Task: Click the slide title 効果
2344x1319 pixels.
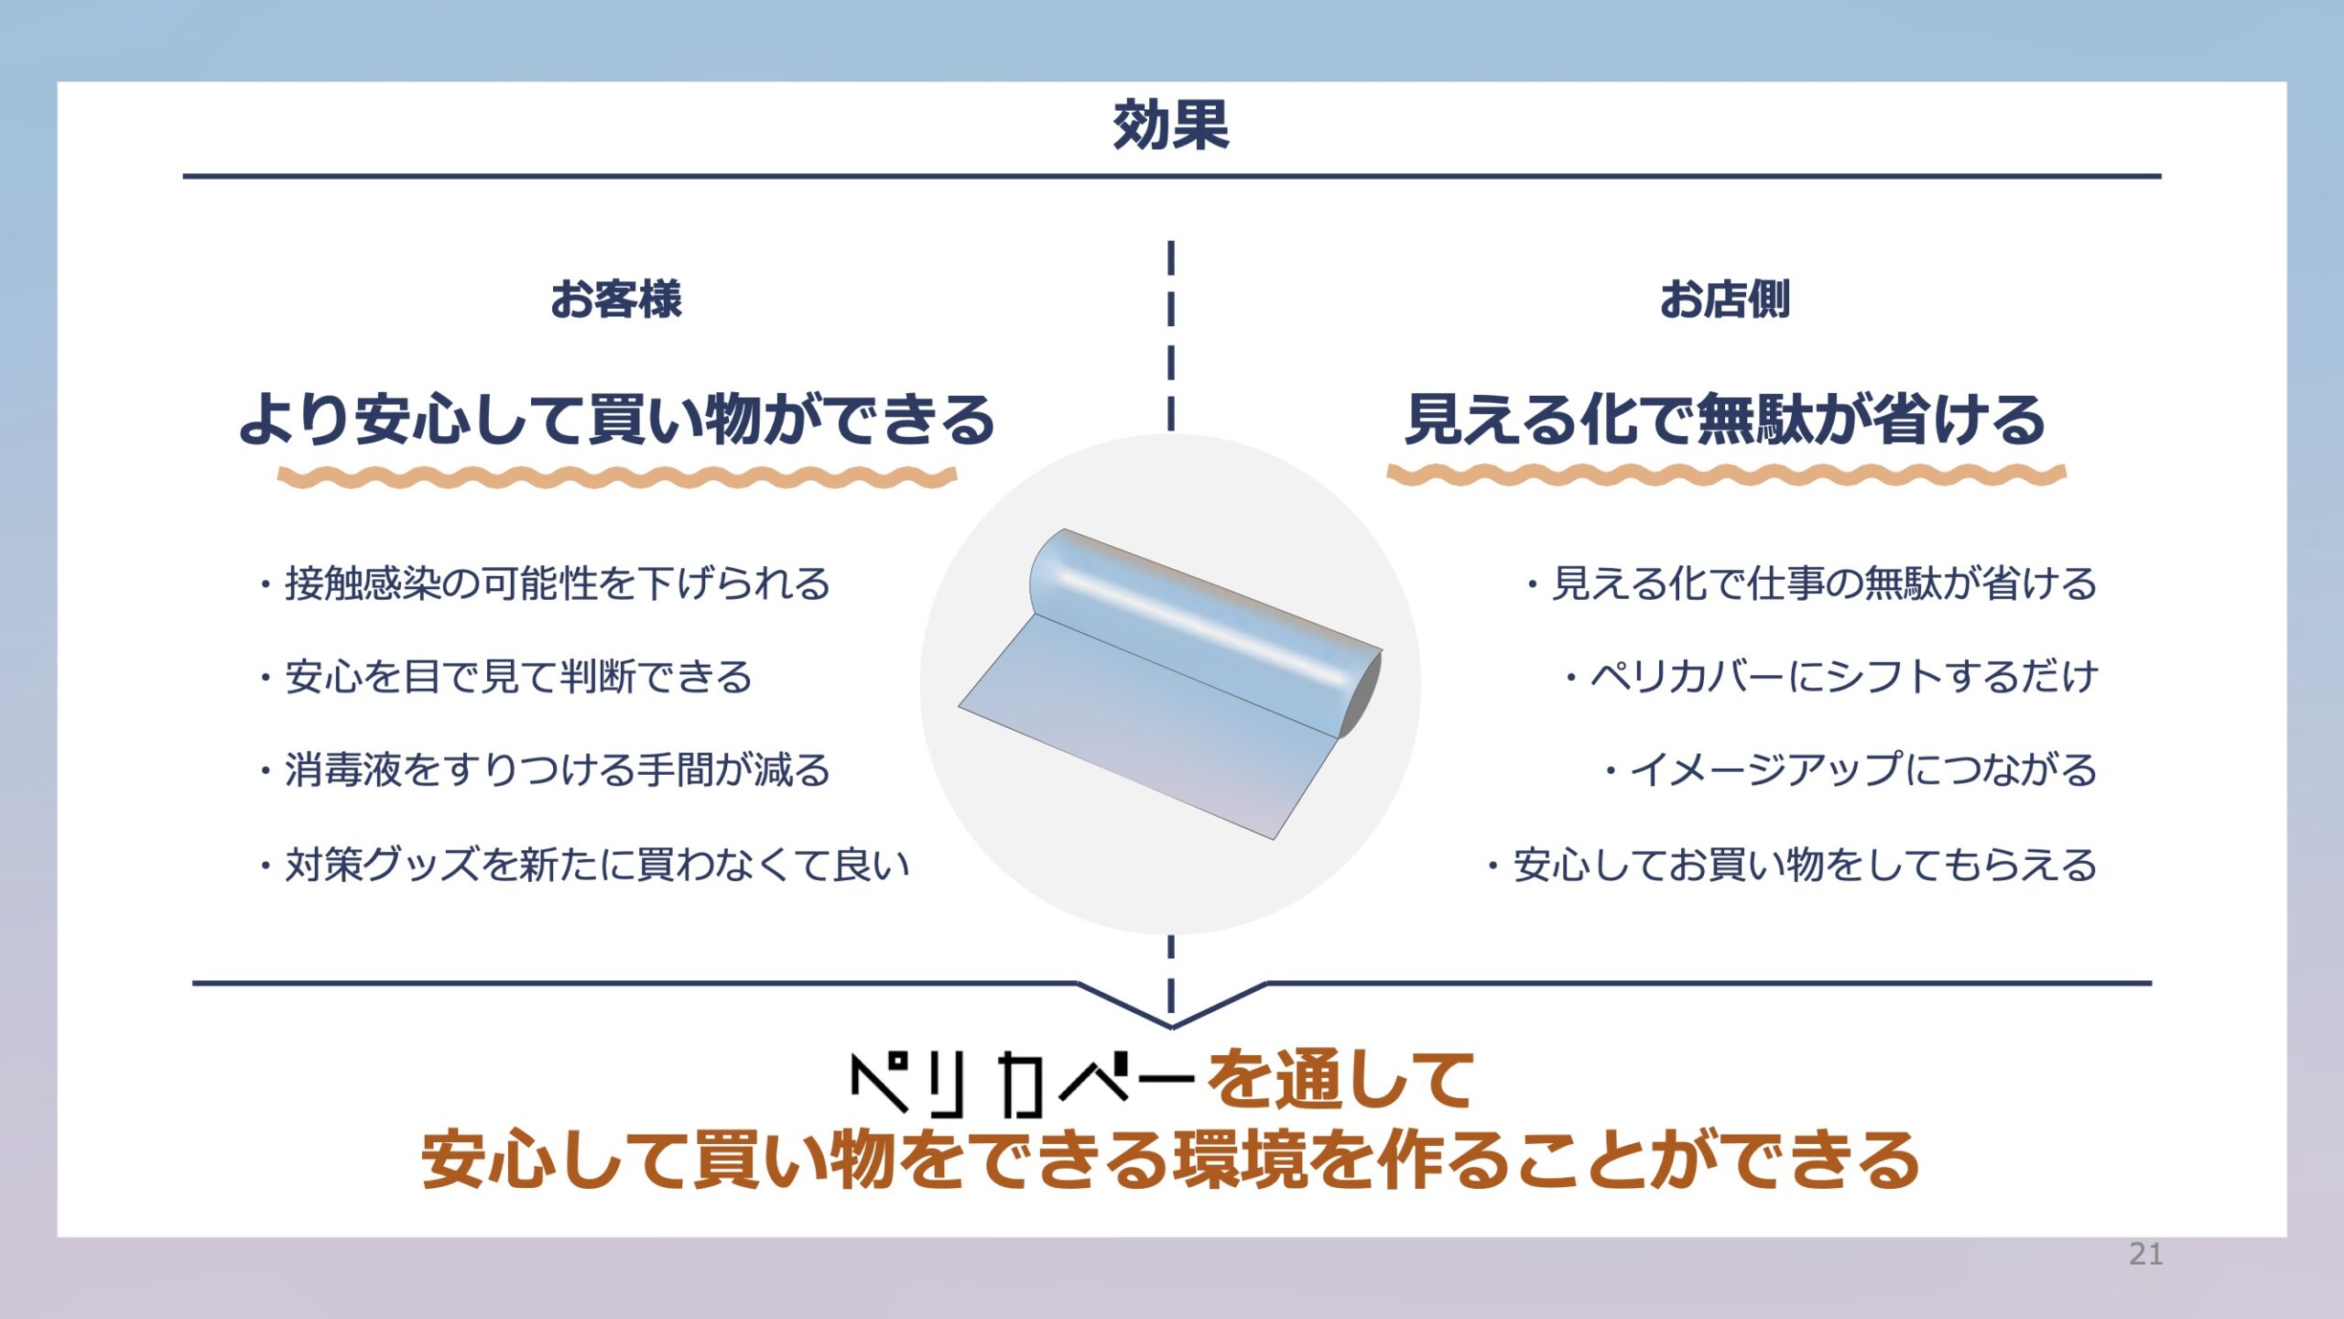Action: (1171, 125)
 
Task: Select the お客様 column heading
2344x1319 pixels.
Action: (616, 300)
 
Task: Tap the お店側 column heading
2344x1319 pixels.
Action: (1725, 300)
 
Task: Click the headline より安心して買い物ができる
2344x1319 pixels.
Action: (617, 420)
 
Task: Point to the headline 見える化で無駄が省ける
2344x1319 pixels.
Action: (1725, 420)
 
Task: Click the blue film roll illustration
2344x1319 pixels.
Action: (1170, 683)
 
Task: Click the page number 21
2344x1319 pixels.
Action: (2146, 1254)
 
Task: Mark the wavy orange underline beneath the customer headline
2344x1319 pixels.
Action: (617, 476)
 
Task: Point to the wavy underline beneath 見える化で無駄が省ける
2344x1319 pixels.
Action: (1727, 474)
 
